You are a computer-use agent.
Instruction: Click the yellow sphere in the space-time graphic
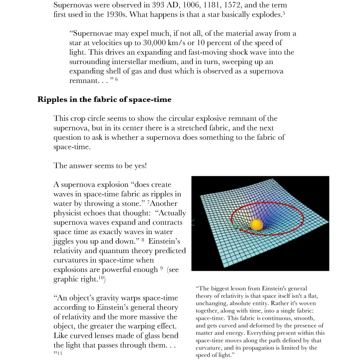(x=256, y=225)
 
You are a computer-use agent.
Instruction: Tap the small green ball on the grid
(x=236, y=226)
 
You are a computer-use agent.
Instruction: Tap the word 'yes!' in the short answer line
(x=136, y=166)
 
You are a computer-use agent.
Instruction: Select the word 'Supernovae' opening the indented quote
(x=93, y=33)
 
